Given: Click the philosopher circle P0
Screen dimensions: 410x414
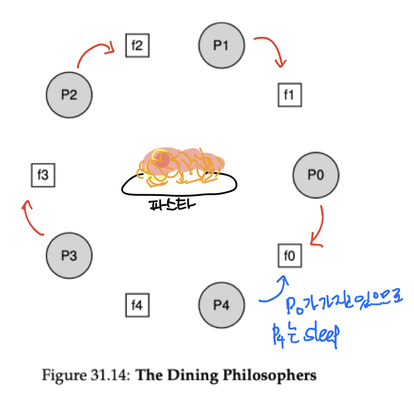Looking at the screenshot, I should point(316,175).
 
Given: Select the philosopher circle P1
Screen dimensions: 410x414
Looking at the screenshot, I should point(221,45).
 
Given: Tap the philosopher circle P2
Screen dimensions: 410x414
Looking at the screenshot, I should point(69,94).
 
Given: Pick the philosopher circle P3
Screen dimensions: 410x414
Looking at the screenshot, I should point(69,255).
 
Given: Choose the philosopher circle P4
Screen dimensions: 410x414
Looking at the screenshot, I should point(221,305).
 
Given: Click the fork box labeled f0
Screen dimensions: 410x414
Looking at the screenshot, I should point(289,255).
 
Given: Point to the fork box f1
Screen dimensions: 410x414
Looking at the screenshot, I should point(289,94).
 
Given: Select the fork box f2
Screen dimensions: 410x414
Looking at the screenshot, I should point(137,45).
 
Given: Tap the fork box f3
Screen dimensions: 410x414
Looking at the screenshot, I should point(43,175).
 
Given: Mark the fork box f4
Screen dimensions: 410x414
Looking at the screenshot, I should point(137,305).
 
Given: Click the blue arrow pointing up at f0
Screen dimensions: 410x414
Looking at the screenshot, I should point(274,290).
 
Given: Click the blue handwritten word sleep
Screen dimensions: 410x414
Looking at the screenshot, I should point(319,337).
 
